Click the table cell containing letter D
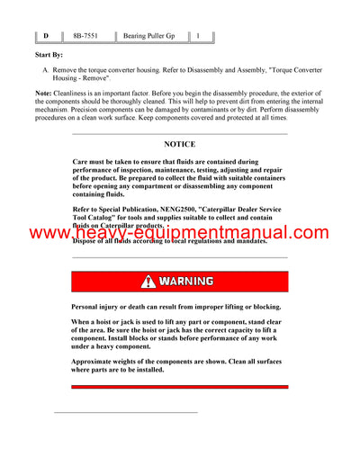46,36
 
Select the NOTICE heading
179,144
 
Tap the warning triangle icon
148,282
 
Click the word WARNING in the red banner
186,282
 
